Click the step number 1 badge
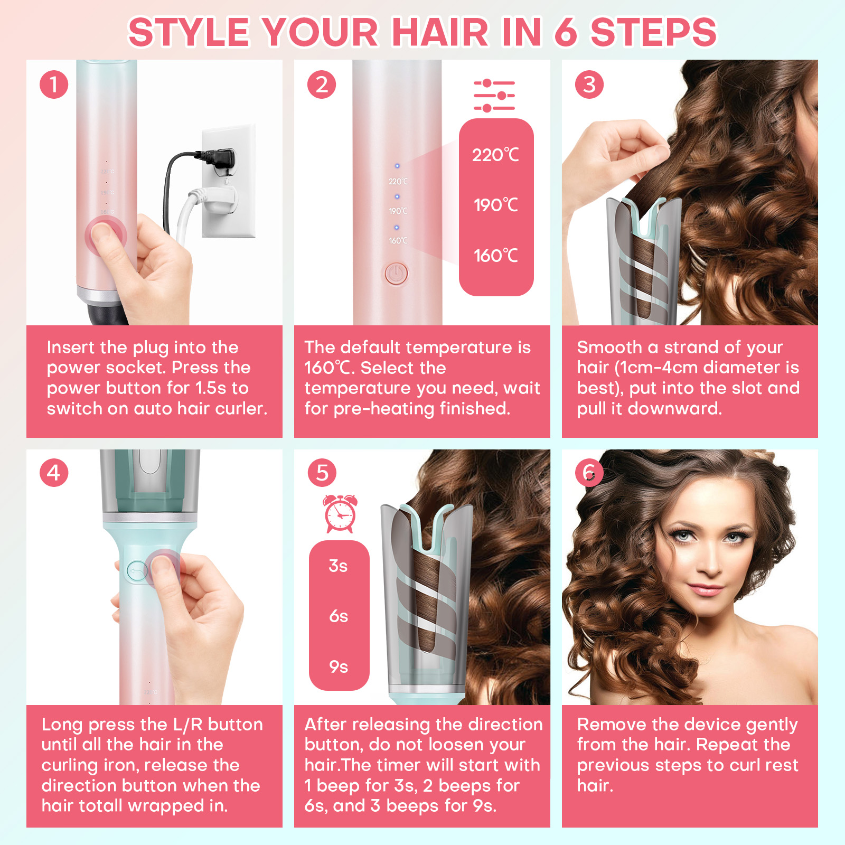(54, 84)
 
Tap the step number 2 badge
(322, 84)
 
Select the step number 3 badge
(589, 84)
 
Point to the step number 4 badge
(54, 473)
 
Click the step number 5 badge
(322, 473)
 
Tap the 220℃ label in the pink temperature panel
(495, 155)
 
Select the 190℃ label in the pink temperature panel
(495, 205)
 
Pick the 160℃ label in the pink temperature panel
(495, 256)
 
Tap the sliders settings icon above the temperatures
(494, 96)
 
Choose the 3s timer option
(338, 566)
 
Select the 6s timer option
(339, 616)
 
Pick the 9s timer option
(339, 666)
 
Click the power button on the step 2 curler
(396, 274)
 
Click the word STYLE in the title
(189, 32)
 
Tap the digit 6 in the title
(566, 32)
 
